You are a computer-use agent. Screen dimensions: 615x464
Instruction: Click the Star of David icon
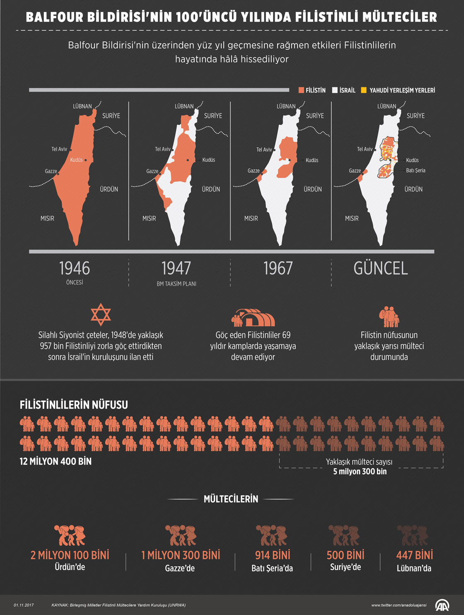click(x=101, y=315)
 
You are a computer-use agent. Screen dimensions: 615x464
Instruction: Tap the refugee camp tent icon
click(x=253, y=317)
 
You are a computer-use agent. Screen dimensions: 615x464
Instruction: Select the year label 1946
click(x=75, y=268)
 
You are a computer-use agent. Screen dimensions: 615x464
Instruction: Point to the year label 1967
click(x=278, y=268)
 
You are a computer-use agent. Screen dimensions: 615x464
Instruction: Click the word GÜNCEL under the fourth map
click(x=381, y=268)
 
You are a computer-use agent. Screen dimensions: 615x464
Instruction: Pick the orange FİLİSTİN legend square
click(x=301, y=90)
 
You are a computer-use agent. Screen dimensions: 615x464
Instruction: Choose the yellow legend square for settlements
click(x=364, y=90)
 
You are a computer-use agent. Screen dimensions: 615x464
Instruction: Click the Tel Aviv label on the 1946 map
click(x=59, y=149)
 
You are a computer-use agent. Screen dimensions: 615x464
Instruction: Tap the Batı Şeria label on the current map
click(x=416, y=170)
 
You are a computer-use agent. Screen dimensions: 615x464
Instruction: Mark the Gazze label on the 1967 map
click(x=254, y=171)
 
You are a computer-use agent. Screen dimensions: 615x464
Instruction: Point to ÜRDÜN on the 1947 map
click(x=211, y=189)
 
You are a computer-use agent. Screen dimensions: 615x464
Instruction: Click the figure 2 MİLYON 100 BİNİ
click(x=70, y=555)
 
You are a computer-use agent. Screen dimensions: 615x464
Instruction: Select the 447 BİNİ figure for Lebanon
click(x=414, y=555)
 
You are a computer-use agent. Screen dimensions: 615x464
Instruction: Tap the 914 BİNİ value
click(x=273, y=555)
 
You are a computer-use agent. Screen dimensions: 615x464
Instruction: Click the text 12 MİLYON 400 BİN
click(x=56, y=461)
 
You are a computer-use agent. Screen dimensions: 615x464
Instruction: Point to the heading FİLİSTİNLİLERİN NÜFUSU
click(x=74, y=405)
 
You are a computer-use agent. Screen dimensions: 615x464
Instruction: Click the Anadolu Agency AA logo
click(x=442, y=605)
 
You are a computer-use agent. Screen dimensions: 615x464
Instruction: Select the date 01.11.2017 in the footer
click(x=24, y=605)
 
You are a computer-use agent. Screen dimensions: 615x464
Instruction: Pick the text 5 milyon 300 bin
click(x=360, y=472)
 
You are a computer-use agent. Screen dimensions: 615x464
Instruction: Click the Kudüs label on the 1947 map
click(x=208, y=160)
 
